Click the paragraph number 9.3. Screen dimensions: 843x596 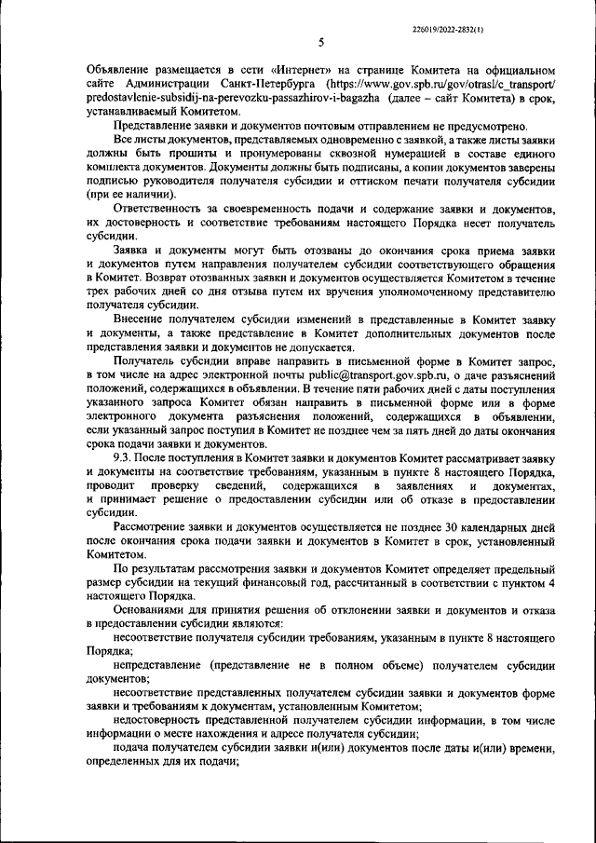click(122, 459)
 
